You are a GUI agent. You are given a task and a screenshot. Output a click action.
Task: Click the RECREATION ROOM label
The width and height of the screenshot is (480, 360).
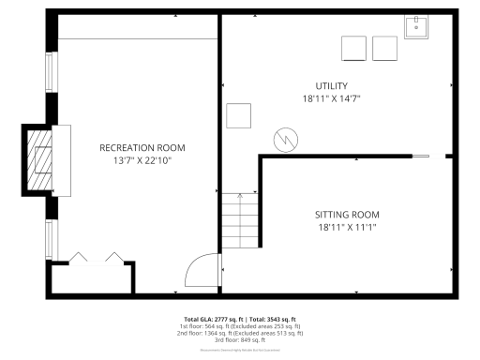point(142,147)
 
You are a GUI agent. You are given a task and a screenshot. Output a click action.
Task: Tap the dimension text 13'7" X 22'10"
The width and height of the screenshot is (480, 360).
point(142,160)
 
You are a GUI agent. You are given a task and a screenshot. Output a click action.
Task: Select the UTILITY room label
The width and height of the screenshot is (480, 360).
point(332,86)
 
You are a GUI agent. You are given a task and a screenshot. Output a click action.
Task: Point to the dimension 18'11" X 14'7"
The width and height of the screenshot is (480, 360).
point(332,98)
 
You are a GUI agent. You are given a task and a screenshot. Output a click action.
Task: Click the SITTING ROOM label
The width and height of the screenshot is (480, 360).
point(347,215)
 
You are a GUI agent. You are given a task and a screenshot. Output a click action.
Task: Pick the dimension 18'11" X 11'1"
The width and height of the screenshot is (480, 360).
point(347,227)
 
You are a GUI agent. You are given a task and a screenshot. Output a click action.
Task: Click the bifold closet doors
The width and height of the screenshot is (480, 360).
point(94,258)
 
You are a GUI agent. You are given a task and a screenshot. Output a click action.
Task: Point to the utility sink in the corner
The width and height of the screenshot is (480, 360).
point(417,27)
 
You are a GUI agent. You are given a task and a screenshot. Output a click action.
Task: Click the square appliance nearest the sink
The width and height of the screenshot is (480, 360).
point(384,48)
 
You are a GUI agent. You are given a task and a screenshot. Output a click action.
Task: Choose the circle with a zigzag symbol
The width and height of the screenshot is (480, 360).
point(283,141)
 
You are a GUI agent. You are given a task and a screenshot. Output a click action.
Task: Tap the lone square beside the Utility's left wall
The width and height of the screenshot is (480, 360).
point(239,115)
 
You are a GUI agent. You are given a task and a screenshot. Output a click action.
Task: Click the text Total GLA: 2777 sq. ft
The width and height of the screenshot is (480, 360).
point(209,319)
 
